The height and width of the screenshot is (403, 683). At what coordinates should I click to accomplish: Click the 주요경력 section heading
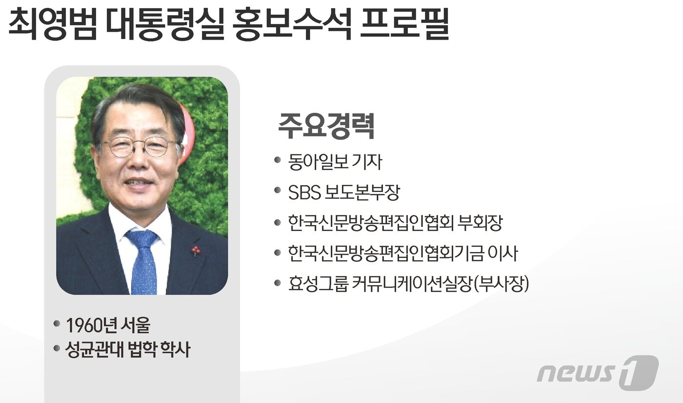pyautogui.click(x=326, y=127)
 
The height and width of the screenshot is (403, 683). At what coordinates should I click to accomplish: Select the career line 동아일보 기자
pyautogui.click(x=335, y=162)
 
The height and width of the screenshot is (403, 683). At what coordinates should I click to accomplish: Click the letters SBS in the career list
pyautogui.click(x=303, y=192)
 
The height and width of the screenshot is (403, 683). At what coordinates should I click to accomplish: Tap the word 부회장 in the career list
pyautogui.click(x=481, y=223)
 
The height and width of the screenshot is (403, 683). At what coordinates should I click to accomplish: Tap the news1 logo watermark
pyautogui.click(x=597, y=373)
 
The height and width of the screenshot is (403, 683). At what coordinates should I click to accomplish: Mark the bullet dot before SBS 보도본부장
pyautogui.click(x=278, y=190)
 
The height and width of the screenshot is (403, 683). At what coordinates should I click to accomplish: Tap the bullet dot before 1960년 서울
pyautogui.click(x=57, y=323)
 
